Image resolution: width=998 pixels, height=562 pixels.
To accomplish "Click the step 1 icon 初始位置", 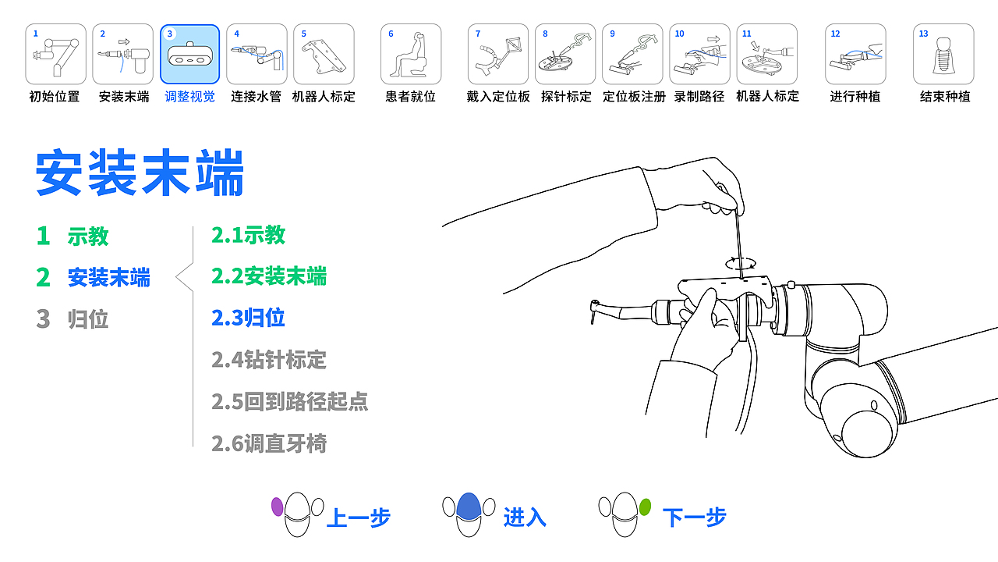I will click(x=55, y=54).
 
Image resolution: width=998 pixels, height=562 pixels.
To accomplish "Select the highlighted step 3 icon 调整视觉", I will click(x=189, y=54).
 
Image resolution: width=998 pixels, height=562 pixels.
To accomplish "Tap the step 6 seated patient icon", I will click(x=411, y=54).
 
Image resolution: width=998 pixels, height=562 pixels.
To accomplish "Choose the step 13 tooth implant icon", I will click(x=943, y=54).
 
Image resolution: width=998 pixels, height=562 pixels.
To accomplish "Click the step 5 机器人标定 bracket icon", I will click(x=324, y=54).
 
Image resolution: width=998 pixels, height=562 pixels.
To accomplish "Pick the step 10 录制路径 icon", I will click(x=699, y=54).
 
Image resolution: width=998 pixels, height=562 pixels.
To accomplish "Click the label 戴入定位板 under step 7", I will click(x=498, y=97).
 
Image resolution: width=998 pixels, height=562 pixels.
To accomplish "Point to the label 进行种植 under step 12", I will click(x=855, y=97).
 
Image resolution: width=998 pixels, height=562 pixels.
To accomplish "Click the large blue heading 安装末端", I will click(x=140, y=173).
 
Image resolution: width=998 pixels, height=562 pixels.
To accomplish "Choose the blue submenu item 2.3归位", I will click(x=248, y=318).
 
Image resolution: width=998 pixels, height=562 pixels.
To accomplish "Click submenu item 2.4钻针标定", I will click(x=269, y=360).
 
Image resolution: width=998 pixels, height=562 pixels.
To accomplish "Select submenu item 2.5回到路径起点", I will click(x=289, y=402).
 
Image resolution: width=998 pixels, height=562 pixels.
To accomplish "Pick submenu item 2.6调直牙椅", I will click(x=269, y=444).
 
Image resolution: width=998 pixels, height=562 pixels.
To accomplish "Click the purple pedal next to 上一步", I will click(x=277, y=507).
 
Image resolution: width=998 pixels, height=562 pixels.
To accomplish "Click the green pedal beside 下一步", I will click(x=645, y=507).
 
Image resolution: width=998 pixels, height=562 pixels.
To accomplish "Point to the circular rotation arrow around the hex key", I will click(x=740, y=263).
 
